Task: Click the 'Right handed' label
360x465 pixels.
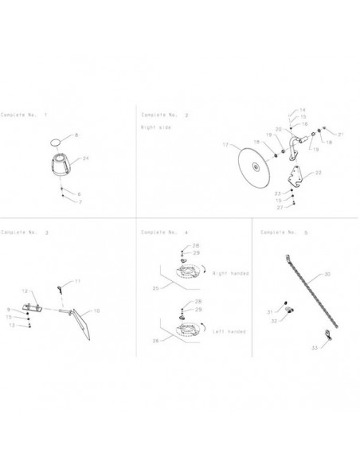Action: (230, 273)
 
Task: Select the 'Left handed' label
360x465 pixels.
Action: (229, 330)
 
